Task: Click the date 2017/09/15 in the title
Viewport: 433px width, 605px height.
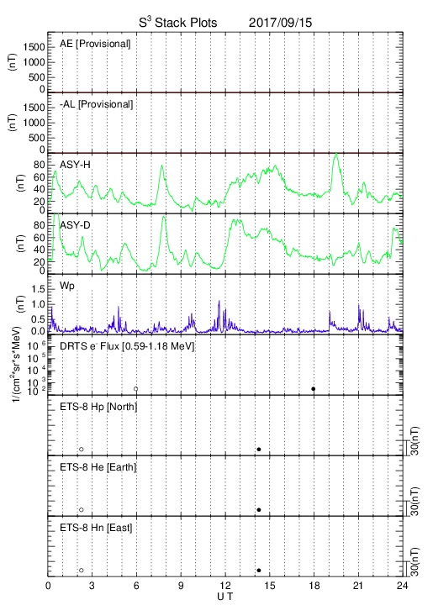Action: coord(280,23)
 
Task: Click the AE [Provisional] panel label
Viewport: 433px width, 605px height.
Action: coord(95,44)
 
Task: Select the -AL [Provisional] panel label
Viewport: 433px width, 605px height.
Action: coord(96,104)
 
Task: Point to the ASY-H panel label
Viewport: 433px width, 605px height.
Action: coord(75,165)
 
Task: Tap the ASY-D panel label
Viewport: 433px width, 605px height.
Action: coord(75,225)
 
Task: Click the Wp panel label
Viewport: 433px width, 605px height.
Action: coord(67,286)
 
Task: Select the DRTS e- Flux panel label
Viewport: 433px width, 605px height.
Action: coord(127,346)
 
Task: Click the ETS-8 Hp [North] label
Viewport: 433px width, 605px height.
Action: coord(98,407)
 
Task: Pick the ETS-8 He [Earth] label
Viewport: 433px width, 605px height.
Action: coord(98,467)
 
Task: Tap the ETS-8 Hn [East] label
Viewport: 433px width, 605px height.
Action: coord(96,528)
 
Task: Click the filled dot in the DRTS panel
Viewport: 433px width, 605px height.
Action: coord(314,389)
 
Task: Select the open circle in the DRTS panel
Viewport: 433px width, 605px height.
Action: coord(136,389)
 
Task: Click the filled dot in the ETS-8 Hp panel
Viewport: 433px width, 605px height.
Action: coord(259,449)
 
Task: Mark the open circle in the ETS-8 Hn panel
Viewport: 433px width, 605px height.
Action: coord(82,571)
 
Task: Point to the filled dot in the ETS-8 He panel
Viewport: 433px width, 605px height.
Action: coord(259,510)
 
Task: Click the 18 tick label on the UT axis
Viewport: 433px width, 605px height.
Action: coord(314,586)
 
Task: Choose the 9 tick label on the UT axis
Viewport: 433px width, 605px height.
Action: coord(181,586)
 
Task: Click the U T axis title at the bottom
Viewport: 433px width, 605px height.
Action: coord(225,597)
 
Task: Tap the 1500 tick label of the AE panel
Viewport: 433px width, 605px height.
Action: coord(34,47)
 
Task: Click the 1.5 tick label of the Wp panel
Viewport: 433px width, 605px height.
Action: coord(39,289)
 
